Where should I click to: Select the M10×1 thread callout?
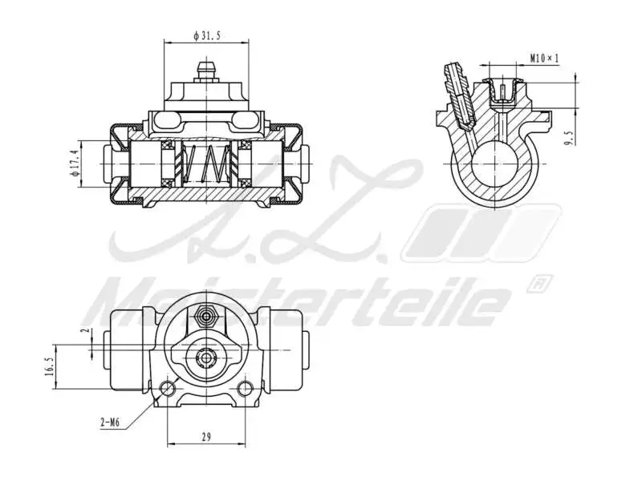coord(544,59)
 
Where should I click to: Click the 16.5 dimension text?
coord(51,366)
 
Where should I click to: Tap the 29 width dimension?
coord(205,437)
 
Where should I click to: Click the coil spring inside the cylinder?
coord(205,164)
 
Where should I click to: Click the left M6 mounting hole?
coord(168,390)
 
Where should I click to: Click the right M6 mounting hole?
coord(245,390)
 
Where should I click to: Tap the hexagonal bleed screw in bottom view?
coord(207,316)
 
